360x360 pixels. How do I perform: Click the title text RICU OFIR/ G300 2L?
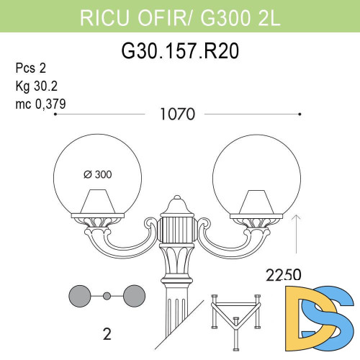(179, 14)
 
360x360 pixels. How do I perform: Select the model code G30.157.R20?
(179, 51)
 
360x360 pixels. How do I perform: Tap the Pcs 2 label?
(30, 69)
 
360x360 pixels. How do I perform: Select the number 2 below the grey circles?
(106, 333)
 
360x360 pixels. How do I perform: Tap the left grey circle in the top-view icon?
(80, 296)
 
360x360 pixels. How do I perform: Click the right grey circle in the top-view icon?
(134, 296)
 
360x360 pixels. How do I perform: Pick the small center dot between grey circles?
(107, 296)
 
